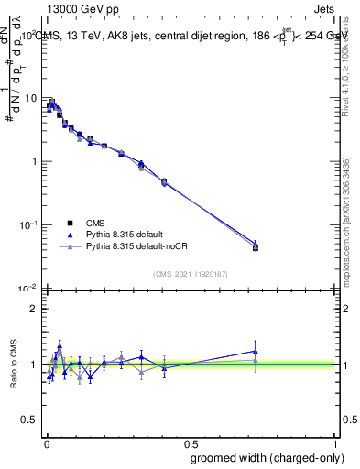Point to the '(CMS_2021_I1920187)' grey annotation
[x=191, y=273]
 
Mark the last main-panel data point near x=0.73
[x=256, y=247]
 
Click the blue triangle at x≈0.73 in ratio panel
[x=256, y=351]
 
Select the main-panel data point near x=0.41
[x=164, y=182]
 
